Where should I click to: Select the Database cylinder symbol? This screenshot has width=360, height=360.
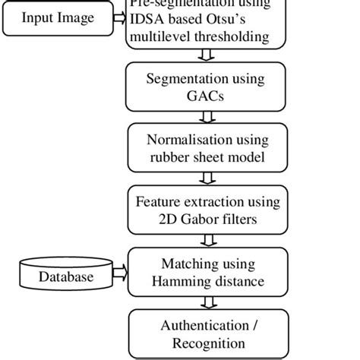[x=66, y=277]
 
